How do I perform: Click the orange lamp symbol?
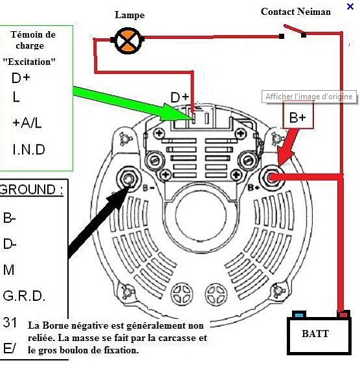click(128, 41)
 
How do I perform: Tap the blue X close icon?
click(350, 6)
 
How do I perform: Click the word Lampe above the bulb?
click(129, 16)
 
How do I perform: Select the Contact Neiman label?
click(296, 12)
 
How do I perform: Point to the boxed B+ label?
click(298, 117)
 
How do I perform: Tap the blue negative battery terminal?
click(299, 315)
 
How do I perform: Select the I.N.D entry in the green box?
click(28, 149)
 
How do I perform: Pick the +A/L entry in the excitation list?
click(27, 123)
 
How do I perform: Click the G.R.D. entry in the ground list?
click(24, 296)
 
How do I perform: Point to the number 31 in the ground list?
click(10, 323)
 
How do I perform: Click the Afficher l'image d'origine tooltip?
click(309, 97)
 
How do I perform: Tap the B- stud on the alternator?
click(128, 179)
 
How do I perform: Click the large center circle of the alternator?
click(201, 215)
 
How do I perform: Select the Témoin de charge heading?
click(33, 40)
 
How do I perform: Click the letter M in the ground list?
click(8, 270)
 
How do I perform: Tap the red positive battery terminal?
click(344, 314)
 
